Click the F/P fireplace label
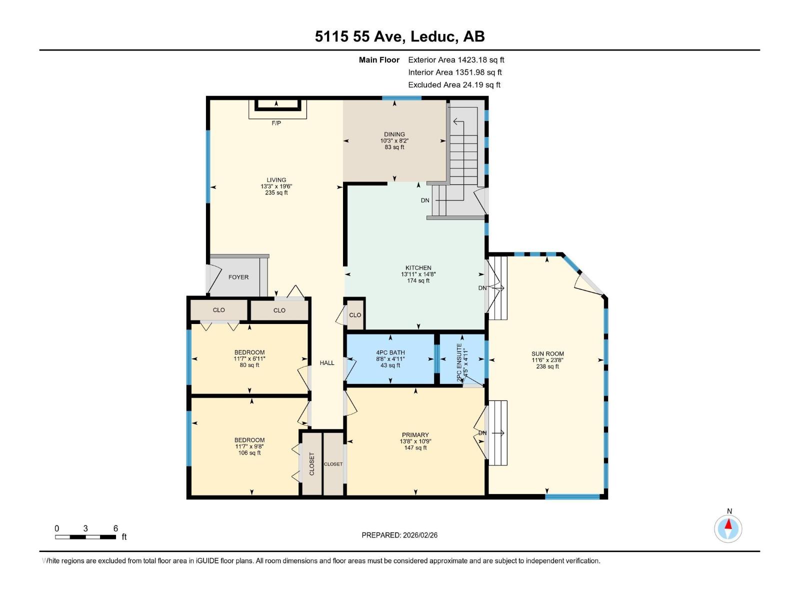point(276,123)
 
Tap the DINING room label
point(394,134)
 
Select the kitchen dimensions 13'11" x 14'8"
point(418,274)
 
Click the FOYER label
point(238,277)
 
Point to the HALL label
point(327,362)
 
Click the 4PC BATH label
point(390,352)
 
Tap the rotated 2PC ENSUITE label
point(459,362)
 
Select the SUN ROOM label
point(547,353)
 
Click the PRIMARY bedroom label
point(415,435)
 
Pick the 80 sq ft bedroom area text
point(249,365)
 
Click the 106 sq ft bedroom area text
point(249,453)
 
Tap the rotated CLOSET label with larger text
point(312,464)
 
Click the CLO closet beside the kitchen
point(355,315)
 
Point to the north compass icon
point(728,528)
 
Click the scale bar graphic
point(85,537)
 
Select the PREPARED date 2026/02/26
point(399,535)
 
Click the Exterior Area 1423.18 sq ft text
point(456,59)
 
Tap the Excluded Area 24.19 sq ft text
point(454,84)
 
